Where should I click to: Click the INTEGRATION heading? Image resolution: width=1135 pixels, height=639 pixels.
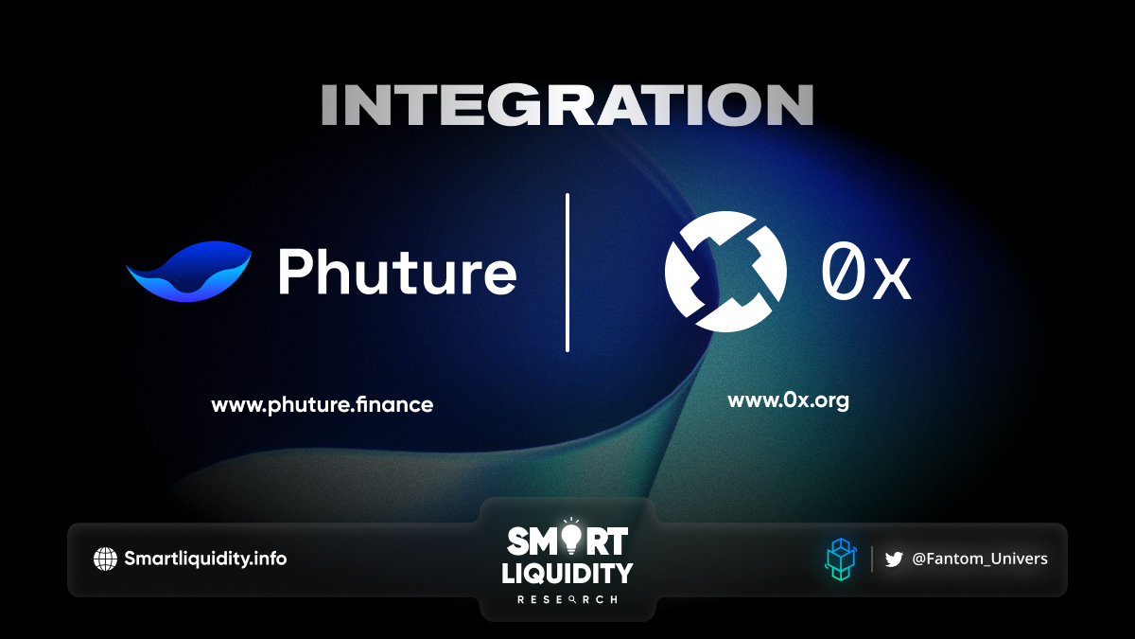click(x=567, y=104)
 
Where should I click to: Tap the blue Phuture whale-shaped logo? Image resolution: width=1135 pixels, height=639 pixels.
click(x=189, y=272)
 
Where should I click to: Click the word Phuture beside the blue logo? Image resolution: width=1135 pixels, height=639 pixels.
click(x=397, y=272)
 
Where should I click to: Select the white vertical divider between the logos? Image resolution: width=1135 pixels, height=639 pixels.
click(x=567, y=273)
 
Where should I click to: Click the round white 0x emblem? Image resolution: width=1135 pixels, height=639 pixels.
click(x=725, y=272)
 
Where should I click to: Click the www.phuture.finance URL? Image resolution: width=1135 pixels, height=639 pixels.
click(x=323, y=405)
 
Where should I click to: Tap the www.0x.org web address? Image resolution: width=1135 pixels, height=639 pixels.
click(x=789, y=400)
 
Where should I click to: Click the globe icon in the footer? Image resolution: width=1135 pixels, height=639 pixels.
click(x=105, y=559)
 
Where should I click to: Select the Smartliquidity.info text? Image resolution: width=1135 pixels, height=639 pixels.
click(x=205, y=559)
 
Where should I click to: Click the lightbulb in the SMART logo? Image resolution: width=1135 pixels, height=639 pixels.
click(x=571, y=537)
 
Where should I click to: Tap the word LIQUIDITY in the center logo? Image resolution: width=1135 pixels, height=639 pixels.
click(x=567, y=574)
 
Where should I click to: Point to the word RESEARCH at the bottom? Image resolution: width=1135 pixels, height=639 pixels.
click(x=567, y=600)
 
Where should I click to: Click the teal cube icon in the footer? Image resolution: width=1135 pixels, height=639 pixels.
click(x=841, y=559)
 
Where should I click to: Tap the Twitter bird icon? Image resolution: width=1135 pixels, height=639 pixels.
click(x=894, y=559)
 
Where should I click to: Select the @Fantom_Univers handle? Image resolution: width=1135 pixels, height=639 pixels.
click(x=980, y=559)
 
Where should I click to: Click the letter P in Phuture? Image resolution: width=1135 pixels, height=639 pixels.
click(x=295, y=271)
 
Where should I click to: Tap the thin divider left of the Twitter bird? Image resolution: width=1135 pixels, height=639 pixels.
click(x=872, y=559)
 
